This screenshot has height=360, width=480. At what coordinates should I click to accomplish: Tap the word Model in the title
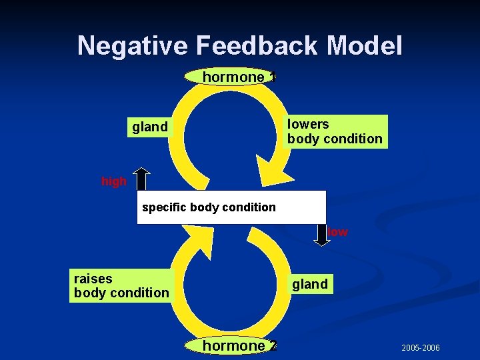(365, 46)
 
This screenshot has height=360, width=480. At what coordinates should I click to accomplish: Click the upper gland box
(150, 127)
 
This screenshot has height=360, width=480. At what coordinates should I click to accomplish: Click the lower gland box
(309, 284)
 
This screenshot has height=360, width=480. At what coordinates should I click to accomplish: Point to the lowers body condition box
(335, 131)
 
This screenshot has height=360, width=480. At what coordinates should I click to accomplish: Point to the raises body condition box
(121, 285)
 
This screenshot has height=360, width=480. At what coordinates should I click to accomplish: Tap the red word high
(113, 181)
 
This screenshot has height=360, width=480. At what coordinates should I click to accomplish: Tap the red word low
(338, 232)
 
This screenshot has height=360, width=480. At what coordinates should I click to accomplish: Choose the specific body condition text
(209, 207)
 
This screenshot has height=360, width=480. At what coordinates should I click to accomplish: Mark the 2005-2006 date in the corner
(420, 348)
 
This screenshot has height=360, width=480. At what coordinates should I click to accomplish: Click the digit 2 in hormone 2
(273, 345)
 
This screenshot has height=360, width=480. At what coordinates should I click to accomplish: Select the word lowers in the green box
(308, 124)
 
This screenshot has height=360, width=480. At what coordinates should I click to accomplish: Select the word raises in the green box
(93, 278)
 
